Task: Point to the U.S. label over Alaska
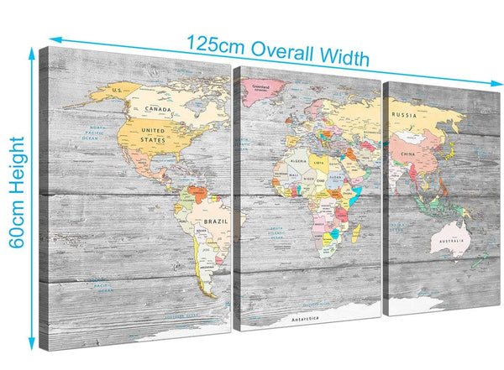point(118,89)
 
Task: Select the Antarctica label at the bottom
point(306,319)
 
